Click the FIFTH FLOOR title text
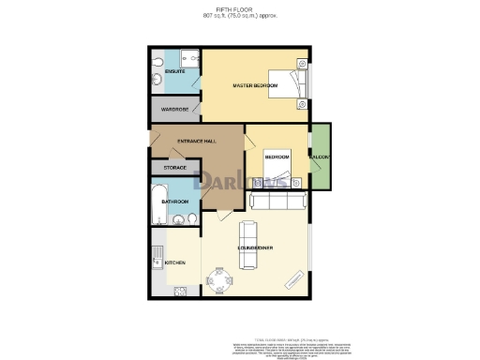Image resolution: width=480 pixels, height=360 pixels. coord(239,9)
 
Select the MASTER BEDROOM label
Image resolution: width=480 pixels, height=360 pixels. coord(255,86)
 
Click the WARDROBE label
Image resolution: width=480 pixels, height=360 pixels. coord(175,110)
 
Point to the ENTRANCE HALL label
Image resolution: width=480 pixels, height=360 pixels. coord(197,141)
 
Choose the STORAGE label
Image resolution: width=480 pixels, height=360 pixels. coord(175,168)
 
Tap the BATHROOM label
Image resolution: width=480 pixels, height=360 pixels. coord(175,202)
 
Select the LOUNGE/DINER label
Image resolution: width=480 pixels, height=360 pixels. coord(255,248)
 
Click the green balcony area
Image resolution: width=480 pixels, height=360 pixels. coord(321,154)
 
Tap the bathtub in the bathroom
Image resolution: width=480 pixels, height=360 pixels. coord(157,202)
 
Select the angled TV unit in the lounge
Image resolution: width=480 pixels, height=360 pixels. coord(292,279)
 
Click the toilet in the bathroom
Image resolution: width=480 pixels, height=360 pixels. coord(190,219)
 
